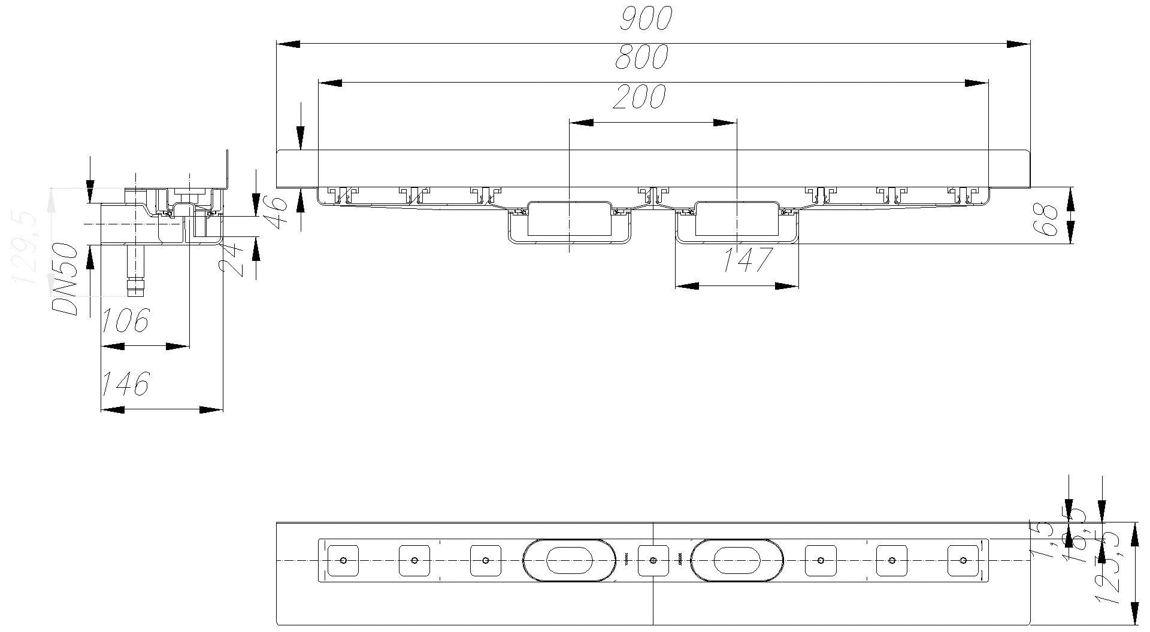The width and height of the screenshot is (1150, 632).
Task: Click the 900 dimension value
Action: pos(646,19)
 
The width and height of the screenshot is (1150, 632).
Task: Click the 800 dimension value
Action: pos(640,57)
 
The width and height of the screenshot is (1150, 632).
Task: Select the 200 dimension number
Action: pos(639,97)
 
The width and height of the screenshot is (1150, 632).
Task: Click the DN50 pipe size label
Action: pos(65,279)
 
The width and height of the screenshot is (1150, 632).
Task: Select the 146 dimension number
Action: pos(125,384)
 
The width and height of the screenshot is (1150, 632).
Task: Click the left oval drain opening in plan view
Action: pos(569,560)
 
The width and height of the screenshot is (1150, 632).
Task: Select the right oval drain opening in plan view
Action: pos(737,560)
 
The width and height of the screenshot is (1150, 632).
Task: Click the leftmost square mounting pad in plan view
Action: pos(343,561)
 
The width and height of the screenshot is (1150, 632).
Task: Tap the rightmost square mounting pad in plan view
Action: pos(963,561)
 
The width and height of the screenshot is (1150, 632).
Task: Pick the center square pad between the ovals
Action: pos(653,561)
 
